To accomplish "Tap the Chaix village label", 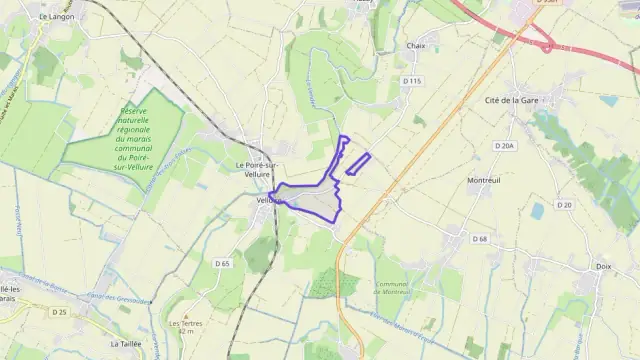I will (x=415, y=46).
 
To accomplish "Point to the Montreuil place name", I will (x=483, y=180).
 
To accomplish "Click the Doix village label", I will (x=602, y=266).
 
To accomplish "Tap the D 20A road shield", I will (x=504, y=146).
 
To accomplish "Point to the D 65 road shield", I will (x=222, y=263).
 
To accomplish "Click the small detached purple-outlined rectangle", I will (x=358, y=164).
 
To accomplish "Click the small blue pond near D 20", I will (x=538, y=210).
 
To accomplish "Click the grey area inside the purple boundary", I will (x=318, y=205).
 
